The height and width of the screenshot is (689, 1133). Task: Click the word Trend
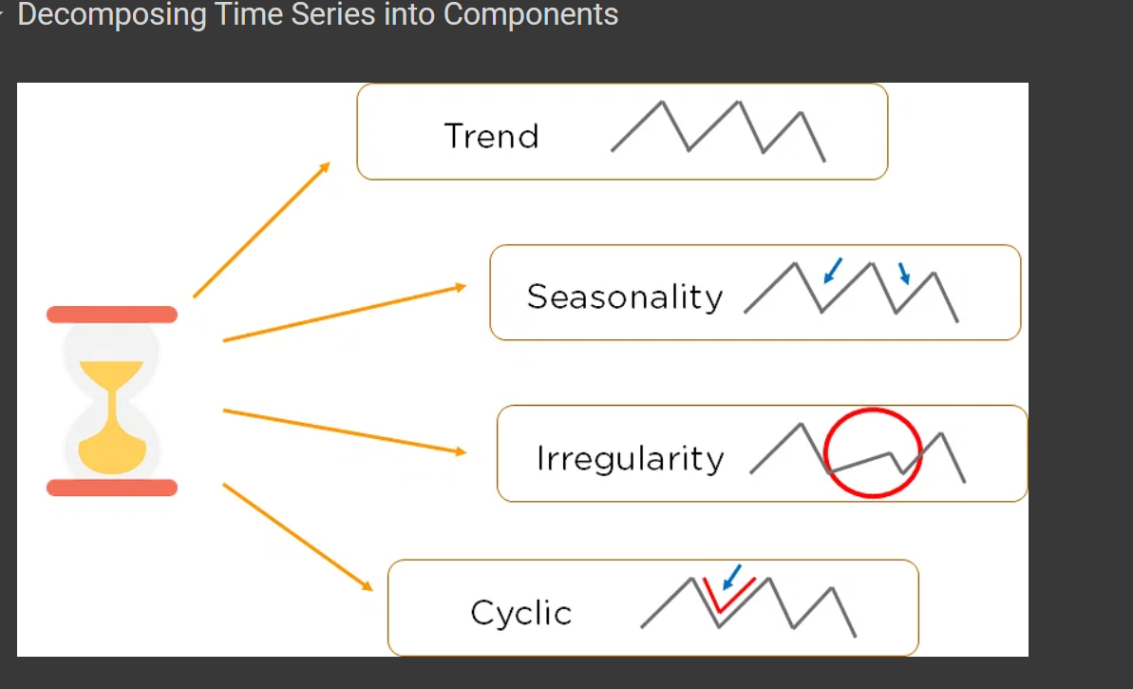pyautogui.click(x=491, y=136)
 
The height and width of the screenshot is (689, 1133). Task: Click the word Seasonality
pyautogui.click(x=624, y=297)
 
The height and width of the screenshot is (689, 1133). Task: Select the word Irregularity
pyautogui.click(x=630, y=458)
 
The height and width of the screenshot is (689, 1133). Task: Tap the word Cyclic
pyautogui.click(x=520, y=612)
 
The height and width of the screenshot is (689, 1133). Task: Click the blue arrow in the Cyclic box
pyautogui.click(x=731, y=575)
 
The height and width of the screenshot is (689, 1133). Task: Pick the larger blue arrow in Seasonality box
pyautogui.click(x=832, y=269)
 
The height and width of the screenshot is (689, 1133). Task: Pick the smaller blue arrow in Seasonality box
pyautogui.click(x=903, y=273)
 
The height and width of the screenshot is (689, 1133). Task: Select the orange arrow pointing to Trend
pyautogui.click(x=261, y=230)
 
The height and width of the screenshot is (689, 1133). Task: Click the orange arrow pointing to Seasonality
pyautogui.click(x=344, y=313)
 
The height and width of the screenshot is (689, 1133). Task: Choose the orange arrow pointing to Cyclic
pyautogui.click(x=296, y=536)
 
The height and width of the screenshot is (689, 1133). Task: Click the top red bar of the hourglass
pyautogui.click(x=112, y=315)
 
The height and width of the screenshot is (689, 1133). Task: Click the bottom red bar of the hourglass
pyautogui.click(x=112, y=488)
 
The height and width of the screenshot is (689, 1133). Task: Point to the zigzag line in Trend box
pyautogui.click(x=718, y=130)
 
